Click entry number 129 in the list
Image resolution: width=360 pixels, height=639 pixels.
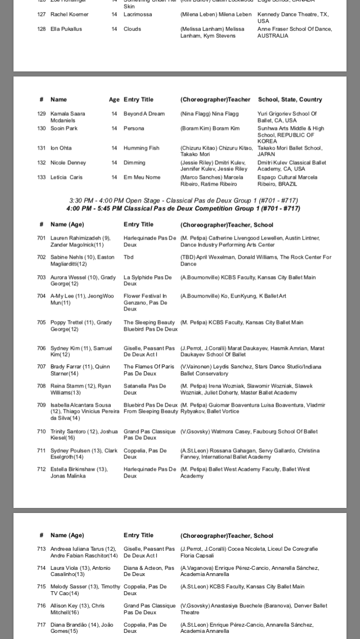pos(41,114)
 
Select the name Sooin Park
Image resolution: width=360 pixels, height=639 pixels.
pos(64,128)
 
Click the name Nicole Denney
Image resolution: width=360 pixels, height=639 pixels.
pos(68,163)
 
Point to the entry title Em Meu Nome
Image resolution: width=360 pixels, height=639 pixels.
pos(142,177)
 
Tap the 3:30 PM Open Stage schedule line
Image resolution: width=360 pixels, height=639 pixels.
pos(183,200)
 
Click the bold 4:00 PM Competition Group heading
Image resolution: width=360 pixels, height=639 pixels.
pos(183,208)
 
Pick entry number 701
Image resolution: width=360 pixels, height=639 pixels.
pos(41,238)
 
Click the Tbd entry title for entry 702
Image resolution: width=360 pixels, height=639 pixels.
pos(129,257)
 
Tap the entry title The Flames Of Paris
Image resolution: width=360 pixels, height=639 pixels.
pos(149,370)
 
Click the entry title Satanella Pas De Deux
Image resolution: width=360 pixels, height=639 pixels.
pos(145,389)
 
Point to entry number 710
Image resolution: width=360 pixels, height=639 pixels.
pos(41,431)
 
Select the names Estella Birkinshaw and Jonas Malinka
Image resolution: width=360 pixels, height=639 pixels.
pos(79,472)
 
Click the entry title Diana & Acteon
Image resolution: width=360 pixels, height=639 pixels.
pos(149,571)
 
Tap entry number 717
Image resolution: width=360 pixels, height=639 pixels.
pos(41,624)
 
